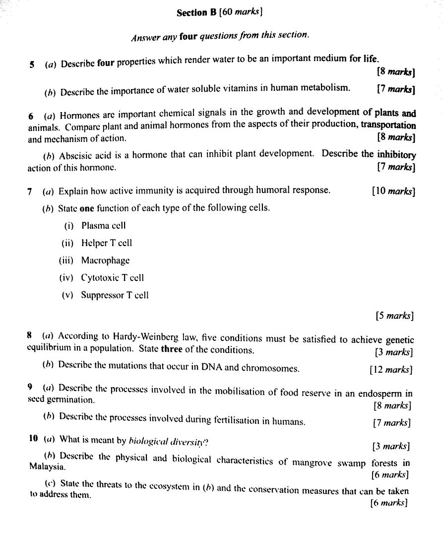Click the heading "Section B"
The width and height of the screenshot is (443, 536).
(x=196, y=13)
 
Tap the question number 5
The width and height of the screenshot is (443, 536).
(x=32, y=65)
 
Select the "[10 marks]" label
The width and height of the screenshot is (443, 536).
(x=393, y=191)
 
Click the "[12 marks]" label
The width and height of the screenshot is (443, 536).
(x=390, y=369)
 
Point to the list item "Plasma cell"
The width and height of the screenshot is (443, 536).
(x=103, y=226)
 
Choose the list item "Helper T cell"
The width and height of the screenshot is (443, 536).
(x=107, y=243)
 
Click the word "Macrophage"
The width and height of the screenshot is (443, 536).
(x=105, y=261)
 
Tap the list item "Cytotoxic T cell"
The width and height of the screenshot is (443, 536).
(x=112, y=278)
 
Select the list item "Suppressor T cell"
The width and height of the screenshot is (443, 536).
(x=115, y=295)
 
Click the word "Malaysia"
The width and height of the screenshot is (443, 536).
(x=47, y=467)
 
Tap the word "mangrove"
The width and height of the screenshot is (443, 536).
(x=312, y=462)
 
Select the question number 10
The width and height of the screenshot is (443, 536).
(x=33, y=438)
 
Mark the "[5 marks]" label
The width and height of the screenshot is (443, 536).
(x=394, y=316)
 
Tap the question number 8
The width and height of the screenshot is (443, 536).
(x=30, y=335)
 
